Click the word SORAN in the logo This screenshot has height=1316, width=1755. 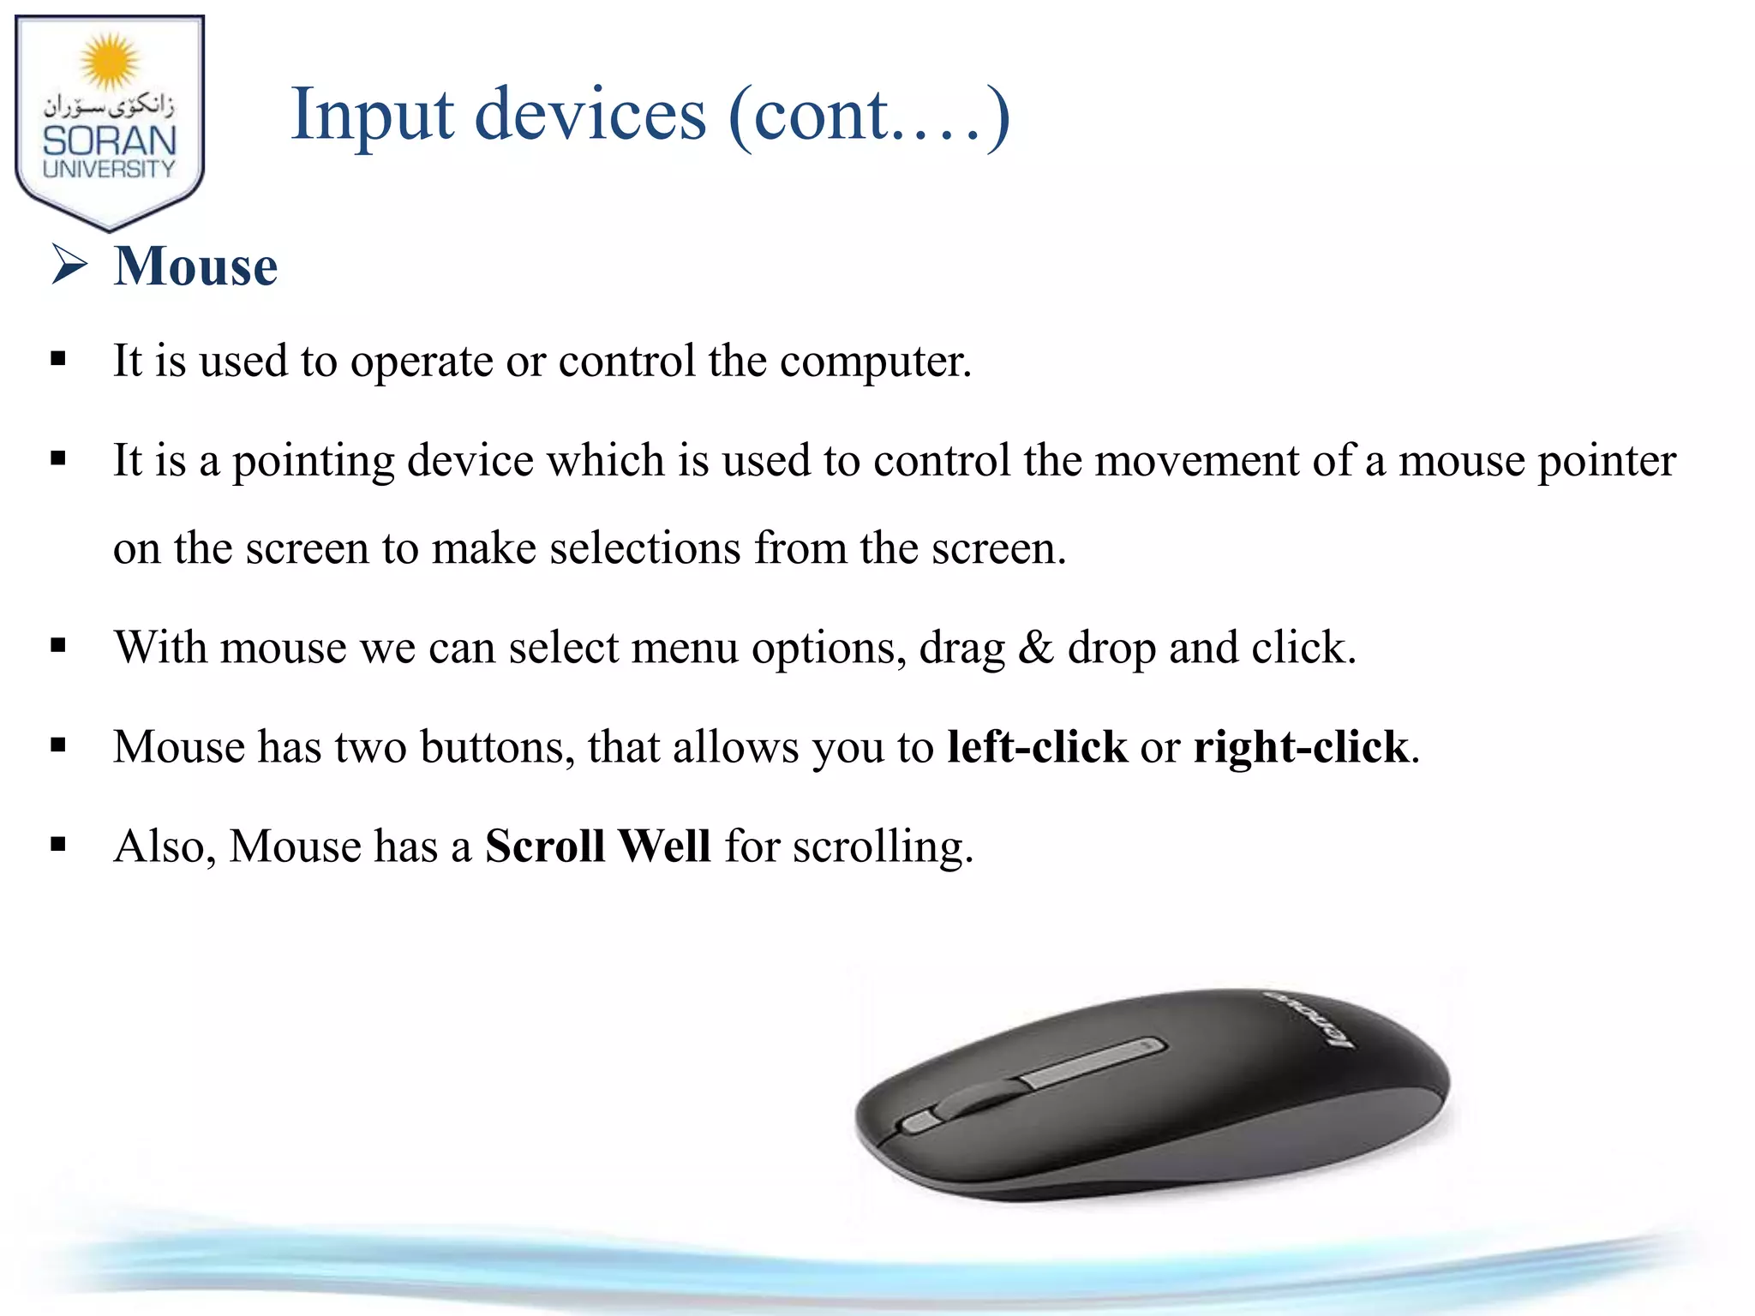[x=110, y=141]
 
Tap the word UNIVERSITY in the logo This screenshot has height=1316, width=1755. [x=109, y=169]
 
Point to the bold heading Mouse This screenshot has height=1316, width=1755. [x=195, y=266]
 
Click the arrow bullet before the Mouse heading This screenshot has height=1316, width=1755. [x=69, y=264]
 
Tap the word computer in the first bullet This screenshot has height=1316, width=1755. [x=874, y=362]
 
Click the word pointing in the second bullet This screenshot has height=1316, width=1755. [x=313, y=462]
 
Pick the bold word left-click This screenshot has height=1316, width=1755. [x=1037, y=747]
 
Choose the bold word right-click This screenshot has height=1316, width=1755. [x=1301, y=747]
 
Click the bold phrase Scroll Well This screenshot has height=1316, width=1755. [x=597, y=846]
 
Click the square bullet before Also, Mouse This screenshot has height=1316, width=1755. [x=58, y=846]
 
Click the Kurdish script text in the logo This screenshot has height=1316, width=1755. [x=109, y=107]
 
